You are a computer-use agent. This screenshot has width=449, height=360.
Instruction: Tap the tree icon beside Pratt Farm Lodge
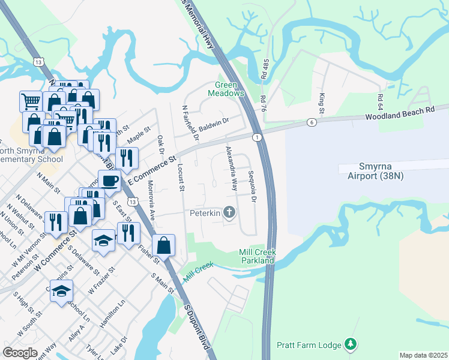pos(351,344)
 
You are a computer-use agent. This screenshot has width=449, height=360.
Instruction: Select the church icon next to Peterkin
pos(229,212)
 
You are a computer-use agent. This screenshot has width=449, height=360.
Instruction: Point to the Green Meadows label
pos(226,89)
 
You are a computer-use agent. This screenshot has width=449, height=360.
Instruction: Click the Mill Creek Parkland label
pos(256,256)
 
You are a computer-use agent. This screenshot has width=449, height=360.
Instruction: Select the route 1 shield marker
pos(256,137)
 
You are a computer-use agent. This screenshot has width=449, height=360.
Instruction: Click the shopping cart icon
pos(30,101)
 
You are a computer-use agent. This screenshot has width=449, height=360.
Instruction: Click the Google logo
pos(20,352)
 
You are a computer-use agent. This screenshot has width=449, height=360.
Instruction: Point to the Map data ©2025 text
pos(423,355)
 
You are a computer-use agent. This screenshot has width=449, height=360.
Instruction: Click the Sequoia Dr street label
pos(254,190)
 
